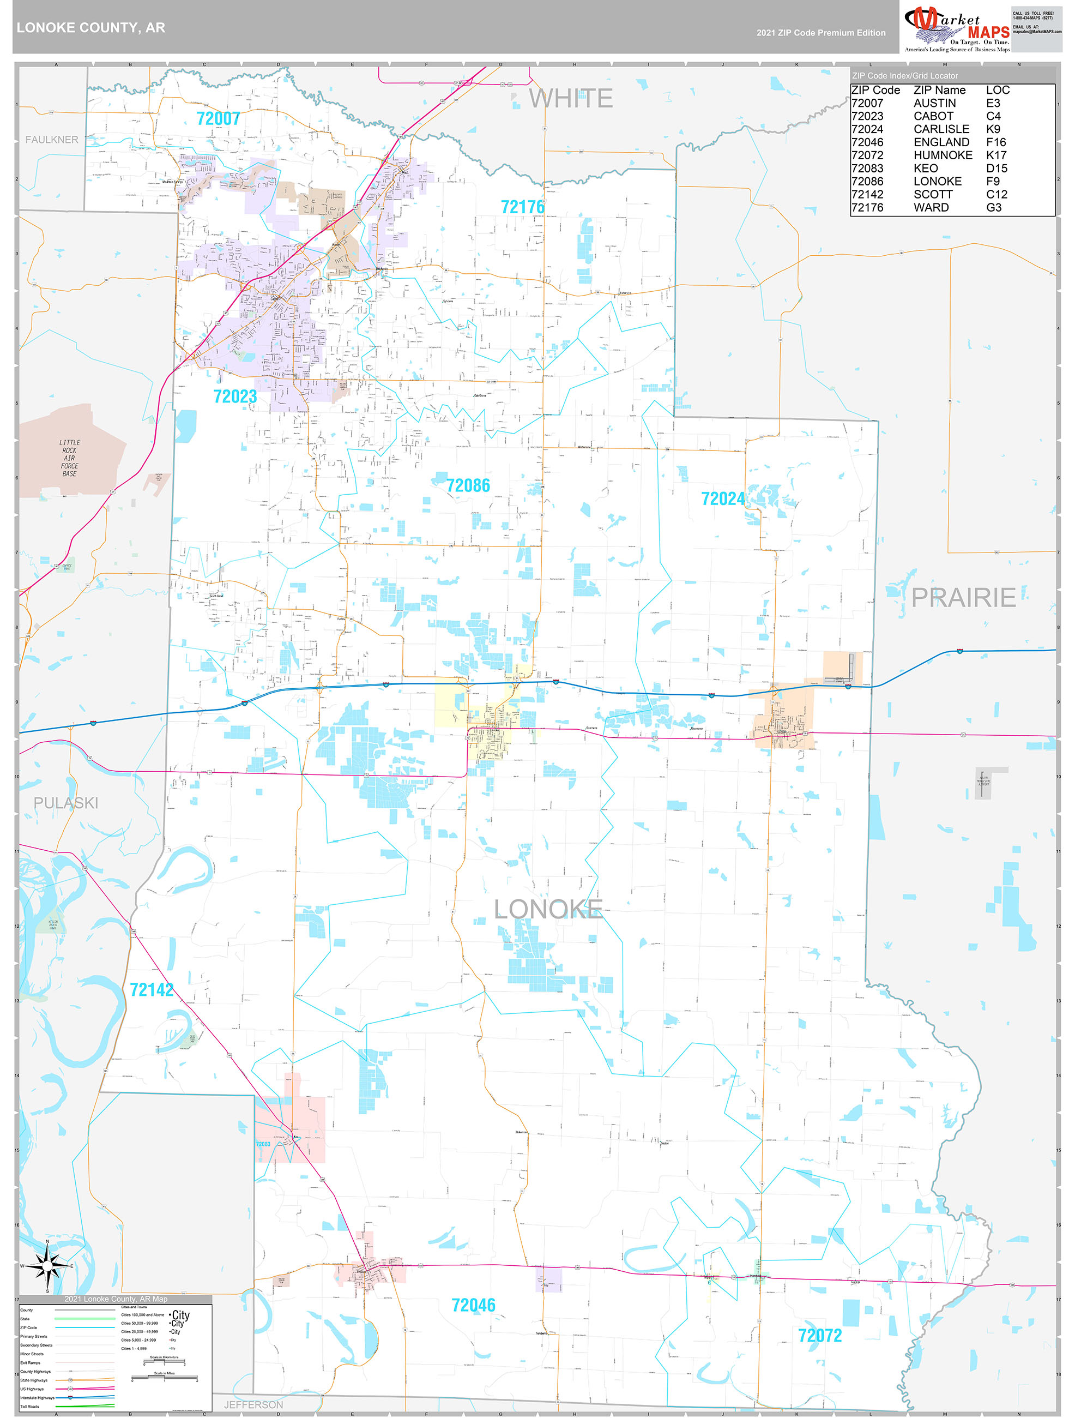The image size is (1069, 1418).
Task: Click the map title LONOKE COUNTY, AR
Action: [x=91, y=28]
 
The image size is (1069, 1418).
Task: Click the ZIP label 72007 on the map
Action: [x=218, y=118]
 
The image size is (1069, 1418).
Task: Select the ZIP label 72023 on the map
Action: [x=234, y=397]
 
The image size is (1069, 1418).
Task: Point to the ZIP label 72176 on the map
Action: [x=522, y=207]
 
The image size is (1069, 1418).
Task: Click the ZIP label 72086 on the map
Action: [x=468, y=486]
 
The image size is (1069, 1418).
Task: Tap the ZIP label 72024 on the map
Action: [x=722, y=498]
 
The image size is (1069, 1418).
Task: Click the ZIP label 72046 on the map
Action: [x=473, y=1305]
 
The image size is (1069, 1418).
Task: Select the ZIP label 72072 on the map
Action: [x=820, y=1335]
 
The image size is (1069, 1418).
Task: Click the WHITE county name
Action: [x=570, y=99]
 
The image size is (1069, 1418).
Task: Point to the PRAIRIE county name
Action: [x=963, y=597]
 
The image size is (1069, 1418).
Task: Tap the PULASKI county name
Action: [x=66, y=803]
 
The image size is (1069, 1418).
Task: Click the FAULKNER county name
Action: [x=51, y=140]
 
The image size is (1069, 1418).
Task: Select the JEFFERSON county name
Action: [x=253, y=1404]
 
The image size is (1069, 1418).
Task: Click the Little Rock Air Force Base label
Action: [x=69, y=458]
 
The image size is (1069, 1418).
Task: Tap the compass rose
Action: [x=47, y=1266]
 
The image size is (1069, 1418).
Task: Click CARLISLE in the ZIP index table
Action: [x=941, y=129]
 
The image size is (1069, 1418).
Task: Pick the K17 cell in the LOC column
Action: [x=995, y=155]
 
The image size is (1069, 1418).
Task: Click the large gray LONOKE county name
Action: [x=548, y=909]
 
